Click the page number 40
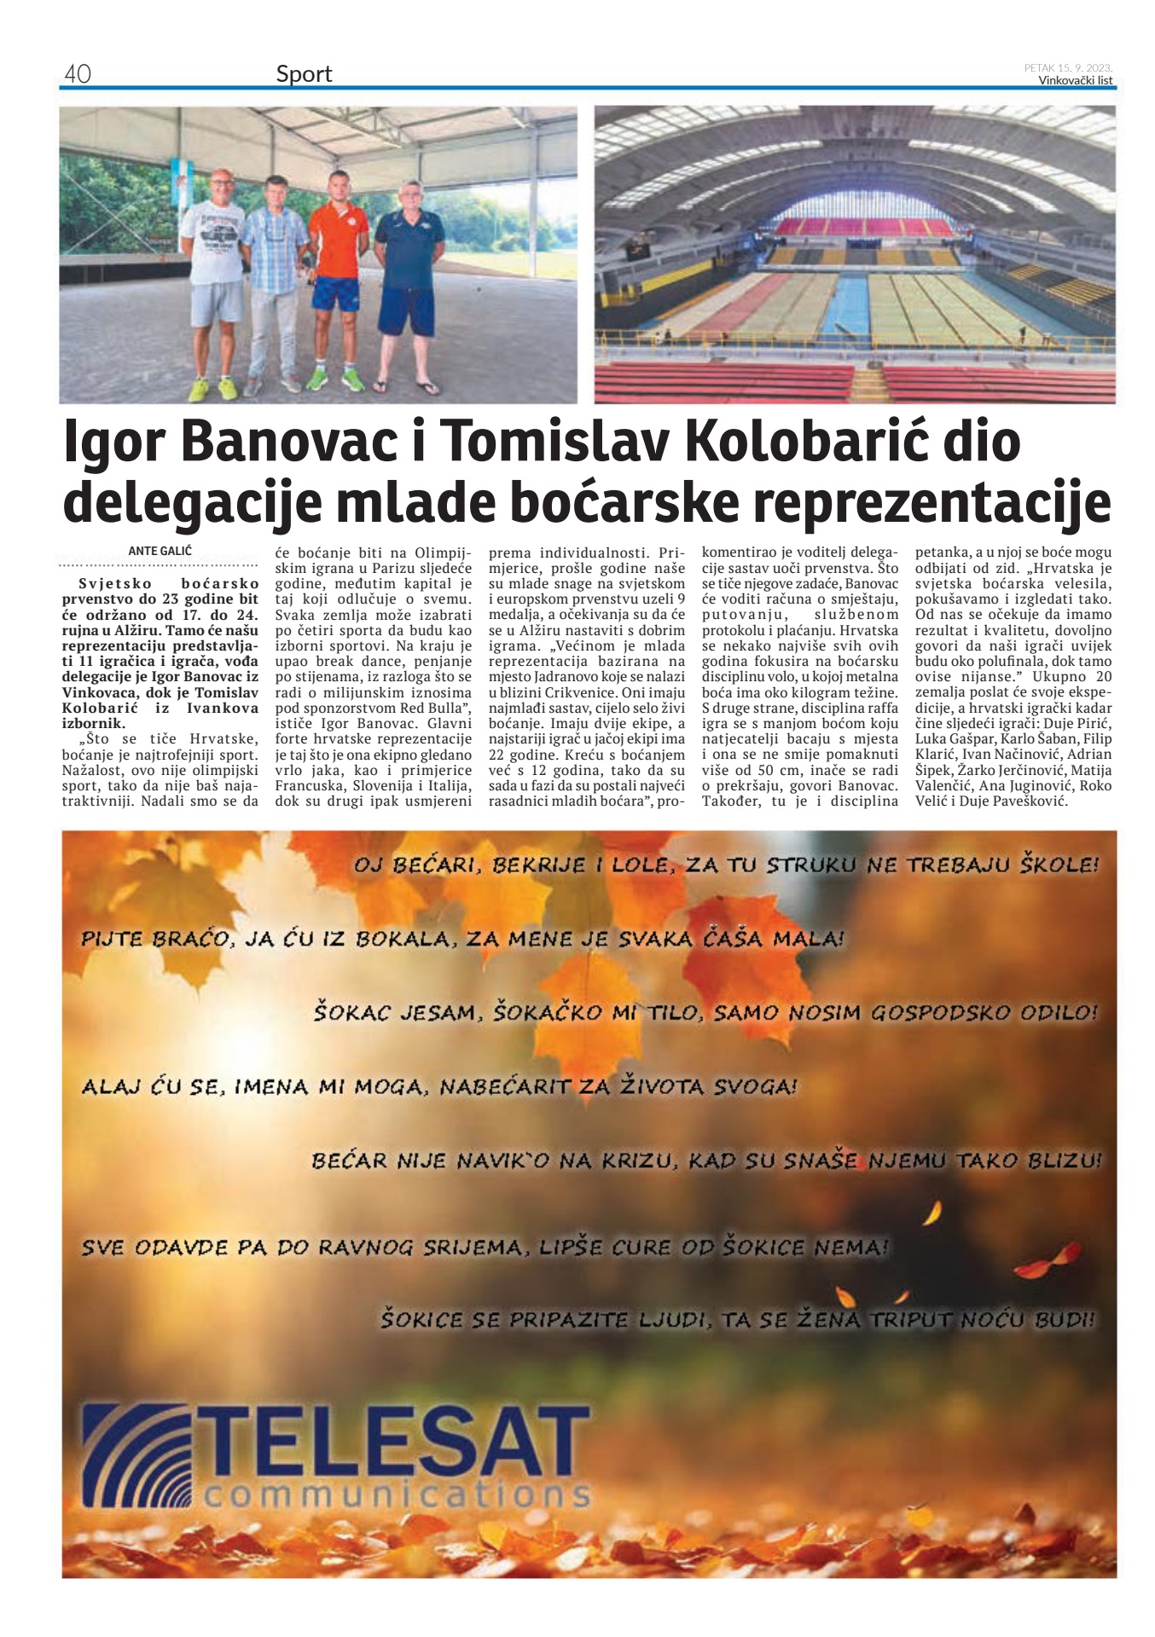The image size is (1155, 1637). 77,74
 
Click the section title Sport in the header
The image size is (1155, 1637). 304,74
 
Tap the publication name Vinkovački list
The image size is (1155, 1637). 1075,81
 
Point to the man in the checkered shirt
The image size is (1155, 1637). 275,273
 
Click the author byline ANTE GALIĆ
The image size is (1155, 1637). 160,552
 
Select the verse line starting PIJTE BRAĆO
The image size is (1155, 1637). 462,939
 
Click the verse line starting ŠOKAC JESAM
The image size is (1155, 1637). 705,1013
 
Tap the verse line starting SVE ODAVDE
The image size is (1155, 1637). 485,1247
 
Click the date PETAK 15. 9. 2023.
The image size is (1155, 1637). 1068,67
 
